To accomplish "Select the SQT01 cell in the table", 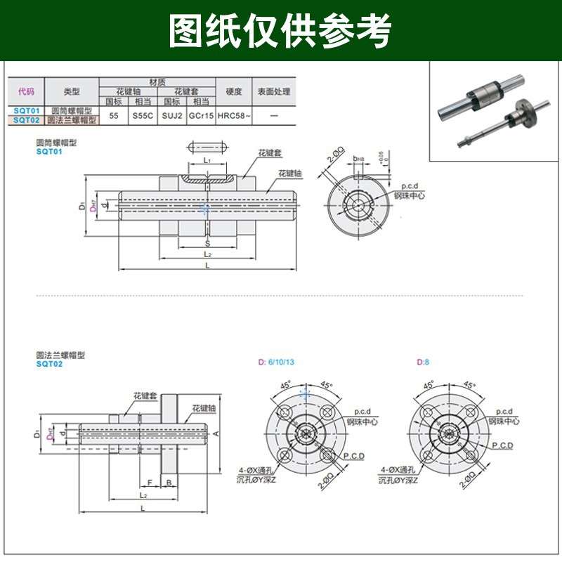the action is [25, 111].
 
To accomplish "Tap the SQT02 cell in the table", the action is [25, 120].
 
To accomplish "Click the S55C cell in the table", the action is [143, 115].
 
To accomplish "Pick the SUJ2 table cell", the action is [172, 115].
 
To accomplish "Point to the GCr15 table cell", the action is [201, 115].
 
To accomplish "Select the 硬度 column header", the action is [233, 91].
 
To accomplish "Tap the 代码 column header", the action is [25, 91].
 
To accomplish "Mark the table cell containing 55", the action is [114, 115].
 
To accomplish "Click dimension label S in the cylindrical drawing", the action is [207, 242].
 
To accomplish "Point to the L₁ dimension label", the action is [207, 161].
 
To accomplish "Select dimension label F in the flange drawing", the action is [150, 483].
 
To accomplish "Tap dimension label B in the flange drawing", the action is [169, 483].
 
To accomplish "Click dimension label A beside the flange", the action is [216, 434].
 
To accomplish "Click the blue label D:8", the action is [422, 362].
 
